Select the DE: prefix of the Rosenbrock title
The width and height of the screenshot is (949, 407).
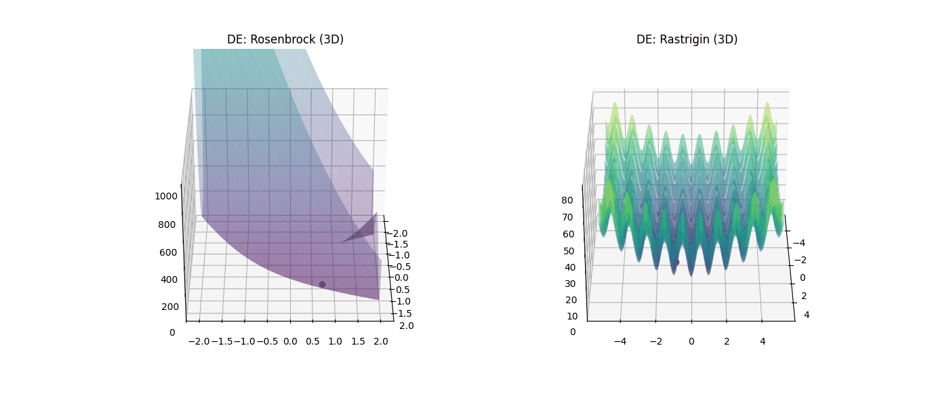tap(237, 39)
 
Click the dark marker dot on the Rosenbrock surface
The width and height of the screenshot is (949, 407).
tap(322, 284)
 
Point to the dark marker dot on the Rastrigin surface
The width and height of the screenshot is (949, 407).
tap(676, 262)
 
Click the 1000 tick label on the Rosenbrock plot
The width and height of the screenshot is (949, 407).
tap(165, 196)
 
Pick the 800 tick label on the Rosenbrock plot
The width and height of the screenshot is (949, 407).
tap(167, 225)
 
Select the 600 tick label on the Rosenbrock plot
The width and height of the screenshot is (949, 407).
tap(167, 252)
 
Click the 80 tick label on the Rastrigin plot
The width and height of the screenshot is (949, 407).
tap(567, 200)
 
